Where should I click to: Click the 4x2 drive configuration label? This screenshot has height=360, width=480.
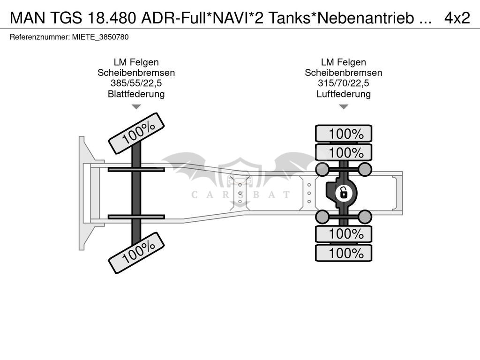(457, 18)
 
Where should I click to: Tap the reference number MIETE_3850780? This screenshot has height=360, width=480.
(100, 37)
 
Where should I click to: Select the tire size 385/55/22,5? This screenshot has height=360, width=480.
(136, 83)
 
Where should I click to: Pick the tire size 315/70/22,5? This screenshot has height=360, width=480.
(344, 83)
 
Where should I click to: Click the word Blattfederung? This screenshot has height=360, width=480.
(136, 94)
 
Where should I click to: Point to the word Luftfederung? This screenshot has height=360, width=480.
(344, 94)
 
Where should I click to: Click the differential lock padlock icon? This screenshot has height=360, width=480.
(344, 193)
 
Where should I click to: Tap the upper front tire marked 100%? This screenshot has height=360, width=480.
(136, 134)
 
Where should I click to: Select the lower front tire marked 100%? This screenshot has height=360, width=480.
(136, 253)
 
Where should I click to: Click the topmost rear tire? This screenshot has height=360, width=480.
(344, 134)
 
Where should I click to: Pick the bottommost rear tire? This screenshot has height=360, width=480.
(344, 253)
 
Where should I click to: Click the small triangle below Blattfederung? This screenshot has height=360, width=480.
(136, 106)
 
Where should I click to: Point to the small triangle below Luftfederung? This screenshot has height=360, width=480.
(344, 106)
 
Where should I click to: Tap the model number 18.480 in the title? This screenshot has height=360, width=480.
(112, 18)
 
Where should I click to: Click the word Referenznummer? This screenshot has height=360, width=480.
(39, 37)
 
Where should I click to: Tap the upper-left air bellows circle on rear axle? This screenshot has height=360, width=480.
(322, 169)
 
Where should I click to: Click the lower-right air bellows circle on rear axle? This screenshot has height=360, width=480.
(365, 217)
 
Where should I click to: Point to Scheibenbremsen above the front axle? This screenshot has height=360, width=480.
(136, 73)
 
